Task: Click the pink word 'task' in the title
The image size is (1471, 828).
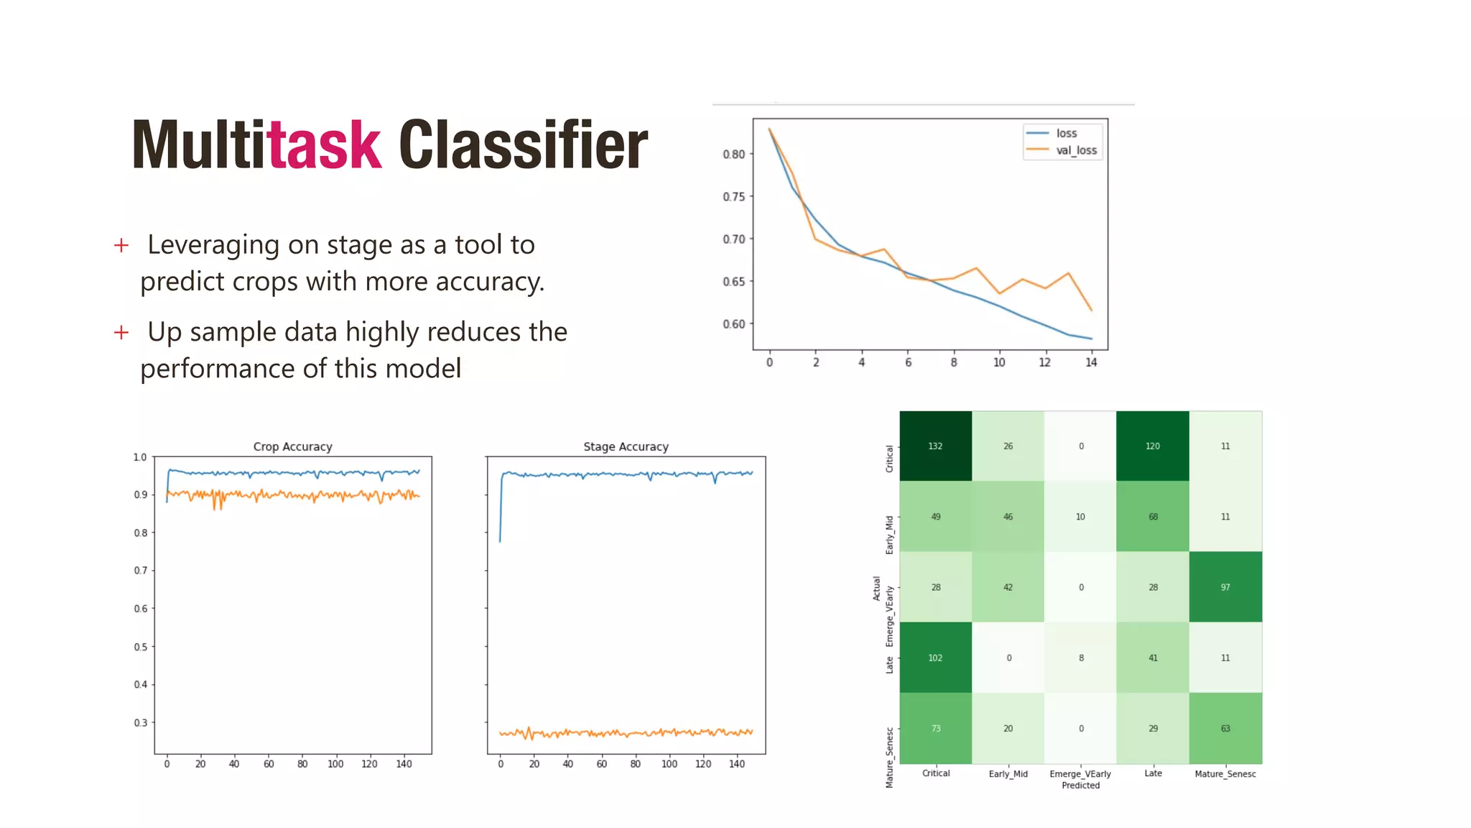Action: [x=323, y=145]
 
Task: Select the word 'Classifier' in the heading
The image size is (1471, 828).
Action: [x=523, y=145]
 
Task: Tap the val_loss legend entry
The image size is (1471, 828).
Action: [x=1076, y=150]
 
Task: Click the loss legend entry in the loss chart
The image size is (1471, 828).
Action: [x=1066, y=133]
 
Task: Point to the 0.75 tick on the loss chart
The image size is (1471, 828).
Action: [x=733, y=196]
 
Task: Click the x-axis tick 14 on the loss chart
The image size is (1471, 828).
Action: [x=1091, y=362]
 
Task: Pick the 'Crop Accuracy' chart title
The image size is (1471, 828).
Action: [x=292, y=446]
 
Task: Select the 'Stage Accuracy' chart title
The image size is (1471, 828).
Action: [x=626, y=446]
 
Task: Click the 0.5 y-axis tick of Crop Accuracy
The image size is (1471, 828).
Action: [x=141, y=647]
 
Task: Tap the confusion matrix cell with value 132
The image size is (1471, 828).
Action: [x=935, y=446]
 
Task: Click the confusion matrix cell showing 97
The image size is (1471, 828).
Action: [x=1225, y=587]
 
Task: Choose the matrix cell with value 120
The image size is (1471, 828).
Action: [x=1153, y=446]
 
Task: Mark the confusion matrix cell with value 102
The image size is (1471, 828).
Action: [x=935, y=658]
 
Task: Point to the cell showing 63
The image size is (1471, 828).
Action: [x=1225, y=728]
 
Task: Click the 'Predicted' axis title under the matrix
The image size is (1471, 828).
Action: [x=1080, y=786]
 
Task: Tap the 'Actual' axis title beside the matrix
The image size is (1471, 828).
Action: [x=876, y=588]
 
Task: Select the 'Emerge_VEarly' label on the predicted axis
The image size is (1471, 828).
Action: [x=1080, y=774]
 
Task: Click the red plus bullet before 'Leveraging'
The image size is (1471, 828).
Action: [x=121, y=246]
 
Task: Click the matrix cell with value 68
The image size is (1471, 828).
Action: [x=1153, y=517]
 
